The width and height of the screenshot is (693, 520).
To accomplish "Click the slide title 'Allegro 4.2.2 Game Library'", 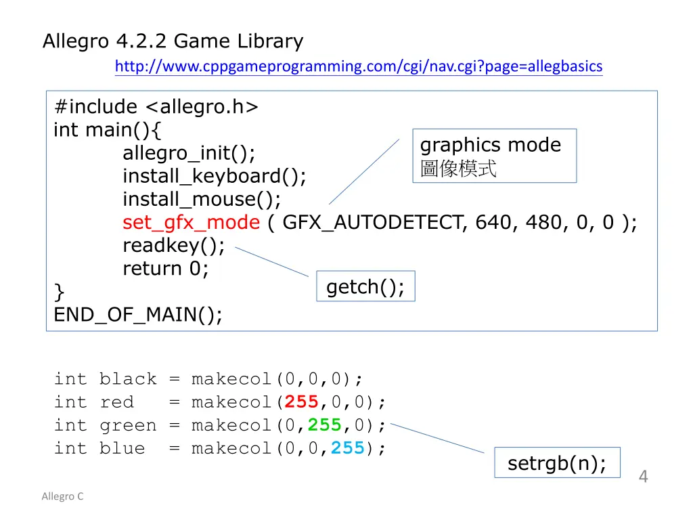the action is (x=173, y=41).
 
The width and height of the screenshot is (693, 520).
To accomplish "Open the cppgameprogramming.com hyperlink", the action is (x=358, y=66).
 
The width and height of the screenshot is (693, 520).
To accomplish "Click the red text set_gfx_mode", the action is (x=191, y=222).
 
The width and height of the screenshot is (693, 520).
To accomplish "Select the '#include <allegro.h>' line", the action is (x=156, y=107).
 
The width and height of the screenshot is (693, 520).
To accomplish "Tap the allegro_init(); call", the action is (x=189, y=153).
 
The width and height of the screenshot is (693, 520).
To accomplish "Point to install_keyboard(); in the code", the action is (x=214, y=176).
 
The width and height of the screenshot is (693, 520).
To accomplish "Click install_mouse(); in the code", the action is (x=201, y=199).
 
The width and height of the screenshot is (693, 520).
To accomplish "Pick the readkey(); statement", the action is (x=173, y=245).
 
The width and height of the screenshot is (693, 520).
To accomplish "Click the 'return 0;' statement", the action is (x=166, y=268).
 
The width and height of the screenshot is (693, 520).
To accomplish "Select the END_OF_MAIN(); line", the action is (x=138, y=314).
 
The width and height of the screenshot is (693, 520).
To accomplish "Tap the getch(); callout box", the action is (x=365, y=286).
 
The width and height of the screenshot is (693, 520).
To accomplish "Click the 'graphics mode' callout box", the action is (x=494, y=156).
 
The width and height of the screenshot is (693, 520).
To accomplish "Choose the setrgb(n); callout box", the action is (x=557, y=463).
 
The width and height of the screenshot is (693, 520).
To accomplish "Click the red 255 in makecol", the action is (x=302, y=402).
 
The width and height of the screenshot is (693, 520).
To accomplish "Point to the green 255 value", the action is (x=325, y=425).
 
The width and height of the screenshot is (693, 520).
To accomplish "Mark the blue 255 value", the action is (x=348, y=448).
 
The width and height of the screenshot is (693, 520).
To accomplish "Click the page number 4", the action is (x=643, y=477).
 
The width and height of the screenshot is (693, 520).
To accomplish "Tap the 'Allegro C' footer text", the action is (x=62, y=496).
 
